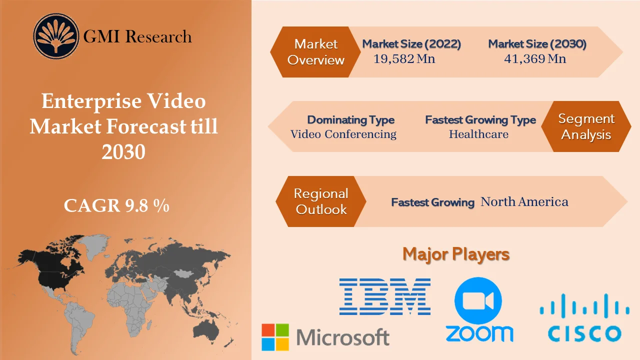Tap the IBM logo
click(384, 296)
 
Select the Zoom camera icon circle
click(478, 300)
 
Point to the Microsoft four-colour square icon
click(275, 337)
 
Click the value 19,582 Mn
click(404, 59)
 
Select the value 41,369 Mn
click(535, 59)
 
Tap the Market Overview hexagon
click(315, 52)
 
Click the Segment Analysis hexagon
click(586, 127)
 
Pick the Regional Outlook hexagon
click(320, 201)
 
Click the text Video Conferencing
click(343, 134)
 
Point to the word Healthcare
click(478, 134)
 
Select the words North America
click(524, 202)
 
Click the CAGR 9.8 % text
click(116, 205)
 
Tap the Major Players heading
click(456, 254)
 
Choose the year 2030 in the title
click(123, 151)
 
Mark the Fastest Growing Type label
click(480, 120)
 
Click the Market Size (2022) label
click(411, 44)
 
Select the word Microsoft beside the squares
click(343, 337)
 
